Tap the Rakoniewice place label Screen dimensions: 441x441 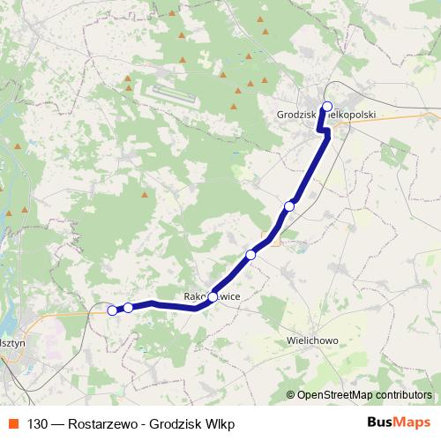212,297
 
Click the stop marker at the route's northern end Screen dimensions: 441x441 327,108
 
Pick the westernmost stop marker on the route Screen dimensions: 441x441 112,310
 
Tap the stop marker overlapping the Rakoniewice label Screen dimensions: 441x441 213,297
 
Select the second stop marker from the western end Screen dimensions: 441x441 128,308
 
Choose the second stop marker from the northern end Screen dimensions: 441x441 289,206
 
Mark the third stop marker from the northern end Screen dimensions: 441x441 250,254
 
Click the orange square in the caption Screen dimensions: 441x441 11,423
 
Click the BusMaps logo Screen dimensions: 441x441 400,423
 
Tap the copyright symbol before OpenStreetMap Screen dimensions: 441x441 290,395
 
